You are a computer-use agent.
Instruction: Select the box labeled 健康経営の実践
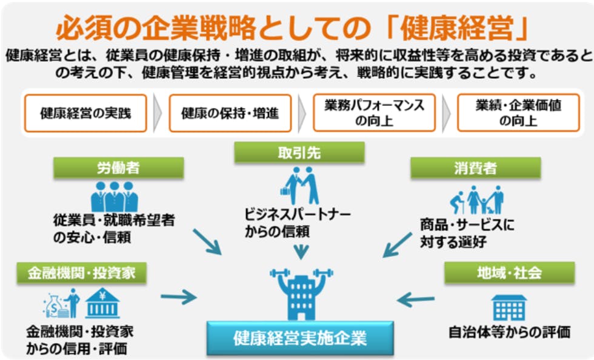(x=85, y=113)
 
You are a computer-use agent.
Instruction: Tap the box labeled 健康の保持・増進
(x=230, y=113)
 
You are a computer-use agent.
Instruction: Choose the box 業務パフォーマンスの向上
(x=374, y=113)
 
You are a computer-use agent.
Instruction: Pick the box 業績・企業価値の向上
(x=518, y=113)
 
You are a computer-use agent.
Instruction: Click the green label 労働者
(x=118, y=168)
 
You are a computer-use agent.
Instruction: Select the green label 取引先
(x=299, y=153)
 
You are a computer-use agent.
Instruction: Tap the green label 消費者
(x=475, y=168)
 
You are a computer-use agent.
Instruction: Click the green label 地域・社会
(x=509, y=272)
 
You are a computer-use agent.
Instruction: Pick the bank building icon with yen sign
(x=102, y=303)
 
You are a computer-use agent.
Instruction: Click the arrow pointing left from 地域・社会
(x=418, y=299)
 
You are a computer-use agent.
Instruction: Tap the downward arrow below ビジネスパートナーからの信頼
(x=300, y=250)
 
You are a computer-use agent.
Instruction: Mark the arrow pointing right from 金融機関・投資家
(x=179, y=297)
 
